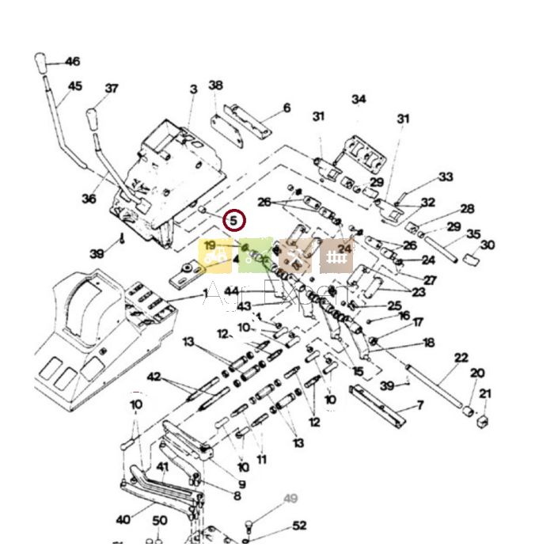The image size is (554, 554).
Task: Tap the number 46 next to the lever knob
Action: click(72, 62)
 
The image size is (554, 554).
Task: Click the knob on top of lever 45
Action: click(41, 63)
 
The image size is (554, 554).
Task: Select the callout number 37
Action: click(112, 89)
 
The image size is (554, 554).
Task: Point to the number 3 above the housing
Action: click(193, 90)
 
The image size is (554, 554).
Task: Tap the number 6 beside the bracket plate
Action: click(286, 108)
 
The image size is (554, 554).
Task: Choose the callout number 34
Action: click(359, 99)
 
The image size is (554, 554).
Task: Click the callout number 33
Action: click(446, 177)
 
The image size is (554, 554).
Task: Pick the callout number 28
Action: click(467, 209)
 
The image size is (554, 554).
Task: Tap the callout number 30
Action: click(488, 245)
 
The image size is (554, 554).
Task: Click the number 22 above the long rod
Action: click(461, 359)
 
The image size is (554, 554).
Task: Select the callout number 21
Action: click(485, 393)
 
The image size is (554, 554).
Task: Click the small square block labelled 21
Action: click(481, 419)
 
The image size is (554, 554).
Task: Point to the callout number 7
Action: click(420, 406)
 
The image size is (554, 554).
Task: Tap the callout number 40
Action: click(123, 520)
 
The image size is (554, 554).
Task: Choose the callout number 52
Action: click(299, 526)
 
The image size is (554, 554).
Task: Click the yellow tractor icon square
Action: click(214, 256)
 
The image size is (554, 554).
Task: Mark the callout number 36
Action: click(89, 199)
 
